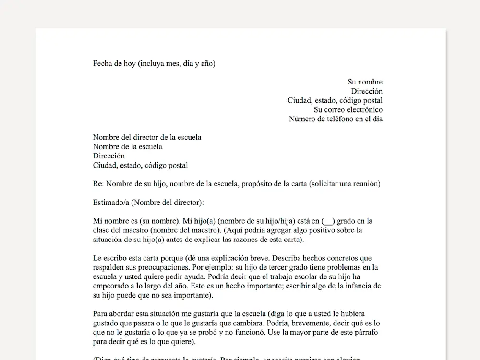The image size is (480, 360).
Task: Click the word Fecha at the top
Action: pyautogui.click(x=103, y=64)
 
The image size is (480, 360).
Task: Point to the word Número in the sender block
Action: pyautogui.click(x=302, y=119)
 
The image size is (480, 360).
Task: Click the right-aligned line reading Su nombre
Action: pyautogui.click(x=365, y=82)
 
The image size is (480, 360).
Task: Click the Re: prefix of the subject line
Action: pyautogui.click(x=98, y=184)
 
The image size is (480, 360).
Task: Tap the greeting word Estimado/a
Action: pyautogui.click(x=112, y=202)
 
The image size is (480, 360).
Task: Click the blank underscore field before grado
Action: pyautogui.click(x=328, y=221)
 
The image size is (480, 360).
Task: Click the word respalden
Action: pyautogui.click(x=109, y=267)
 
